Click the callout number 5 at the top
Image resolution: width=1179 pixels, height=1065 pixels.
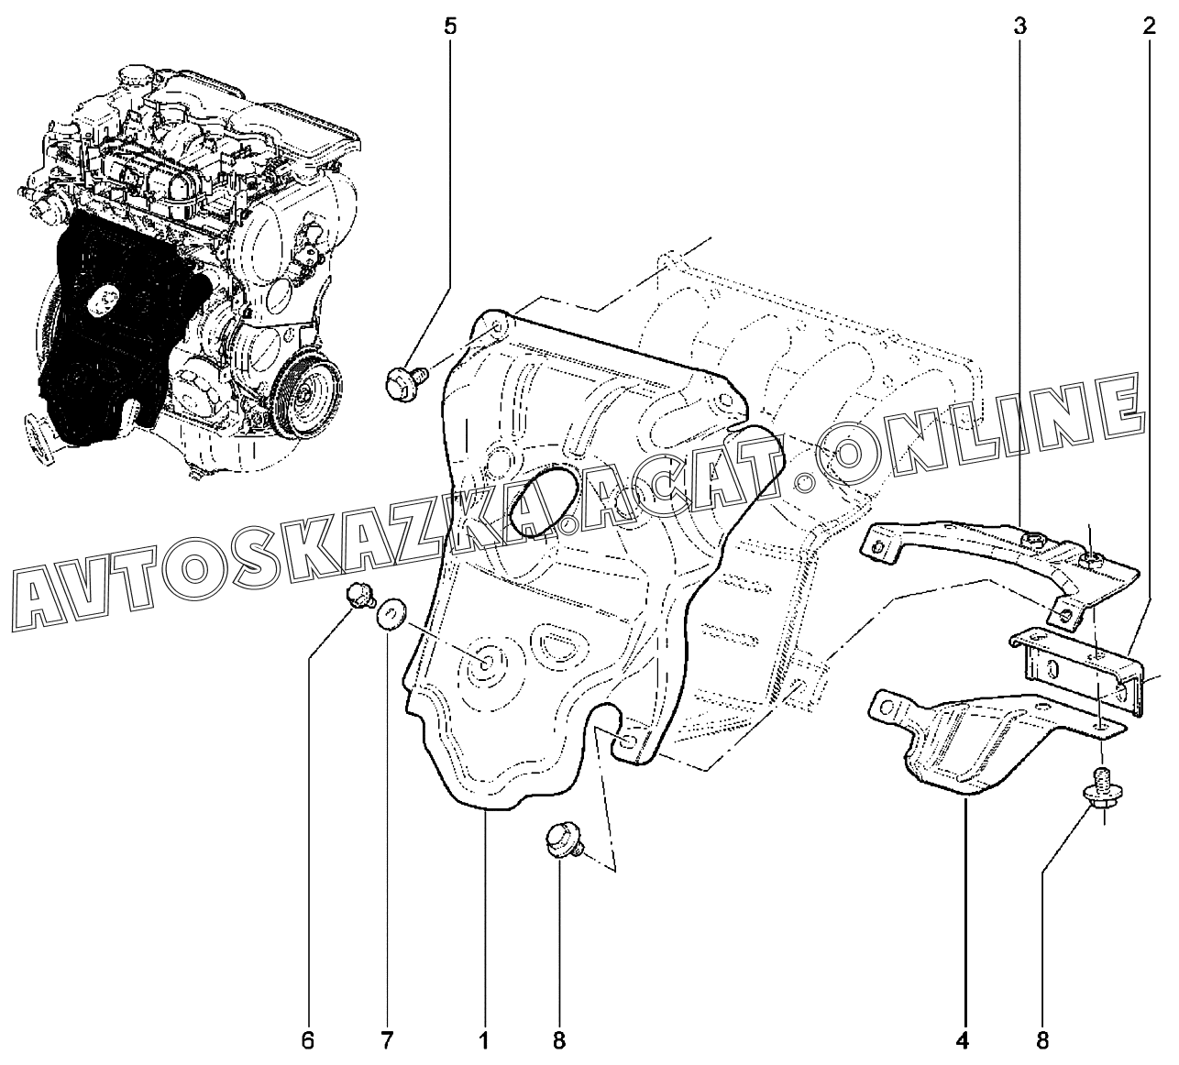point(449,25)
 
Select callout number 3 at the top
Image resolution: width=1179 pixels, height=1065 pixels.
point(1020,25)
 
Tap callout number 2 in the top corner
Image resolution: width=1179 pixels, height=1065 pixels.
point(1148,25)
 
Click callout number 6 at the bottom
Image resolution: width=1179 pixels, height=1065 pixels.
point(308,1040)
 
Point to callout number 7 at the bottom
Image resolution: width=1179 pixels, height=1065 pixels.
point(387,1040)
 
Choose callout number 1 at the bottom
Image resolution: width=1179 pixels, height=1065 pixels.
point(483,1040)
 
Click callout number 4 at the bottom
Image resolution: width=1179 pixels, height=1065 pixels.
point(963,1040)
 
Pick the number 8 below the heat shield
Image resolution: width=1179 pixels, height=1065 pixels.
point(559,1040)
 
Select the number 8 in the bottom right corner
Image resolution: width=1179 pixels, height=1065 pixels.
point(1042,1040)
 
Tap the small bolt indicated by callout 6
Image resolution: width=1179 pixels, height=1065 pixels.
point(358,598)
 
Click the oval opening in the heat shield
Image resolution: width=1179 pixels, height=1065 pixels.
point(541,500)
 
